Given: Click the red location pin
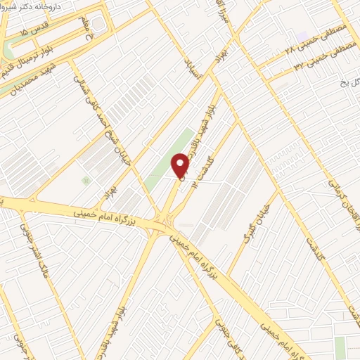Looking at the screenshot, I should (x=181, y=166).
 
